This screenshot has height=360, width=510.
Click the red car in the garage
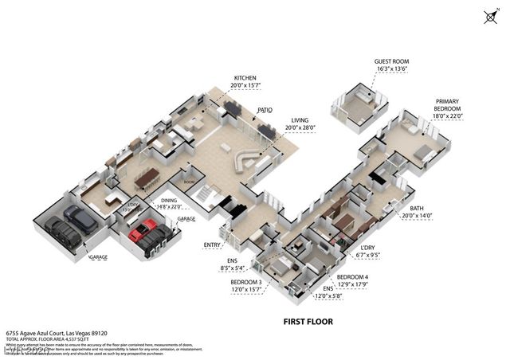144,233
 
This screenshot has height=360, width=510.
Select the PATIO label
265,111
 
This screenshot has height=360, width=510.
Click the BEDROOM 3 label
246,282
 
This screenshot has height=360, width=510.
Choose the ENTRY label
212,245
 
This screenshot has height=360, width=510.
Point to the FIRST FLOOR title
308,322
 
